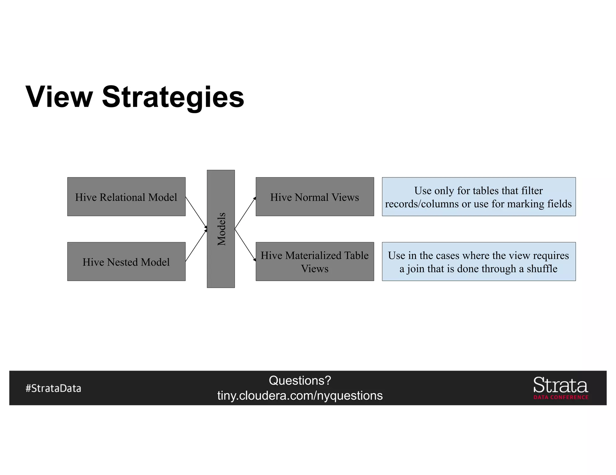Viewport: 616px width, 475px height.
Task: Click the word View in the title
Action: click(59, 97)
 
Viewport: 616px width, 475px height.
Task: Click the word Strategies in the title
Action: click(173, 97)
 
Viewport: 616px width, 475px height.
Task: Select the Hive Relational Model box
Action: click(126, 197)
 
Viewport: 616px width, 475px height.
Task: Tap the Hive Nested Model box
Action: click(126, 262)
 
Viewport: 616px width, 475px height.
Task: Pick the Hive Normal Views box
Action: click(315, 197)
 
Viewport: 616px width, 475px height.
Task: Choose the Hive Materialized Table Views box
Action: click(315, 262)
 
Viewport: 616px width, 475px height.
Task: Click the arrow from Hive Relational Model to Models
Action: click(196, 212)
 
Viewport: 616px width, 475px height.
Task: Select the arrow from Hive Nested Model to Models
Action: click(196, 245)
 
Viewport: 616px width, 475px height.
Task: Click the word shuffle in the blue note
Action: click(542, 268)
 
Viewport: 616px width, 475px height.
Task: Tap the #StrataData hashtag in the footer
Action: click(53, 388)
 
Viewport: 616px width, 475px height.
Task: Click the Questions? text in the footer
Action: click(300, 380)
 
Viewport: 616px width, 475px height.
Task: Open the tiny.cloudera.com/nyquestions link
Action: click(300, 395)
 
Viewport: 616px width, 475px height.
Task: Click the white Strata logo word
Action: click(560, 385)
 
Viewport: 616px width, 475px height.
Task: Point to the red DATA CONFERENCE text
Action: click(561, 397)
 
